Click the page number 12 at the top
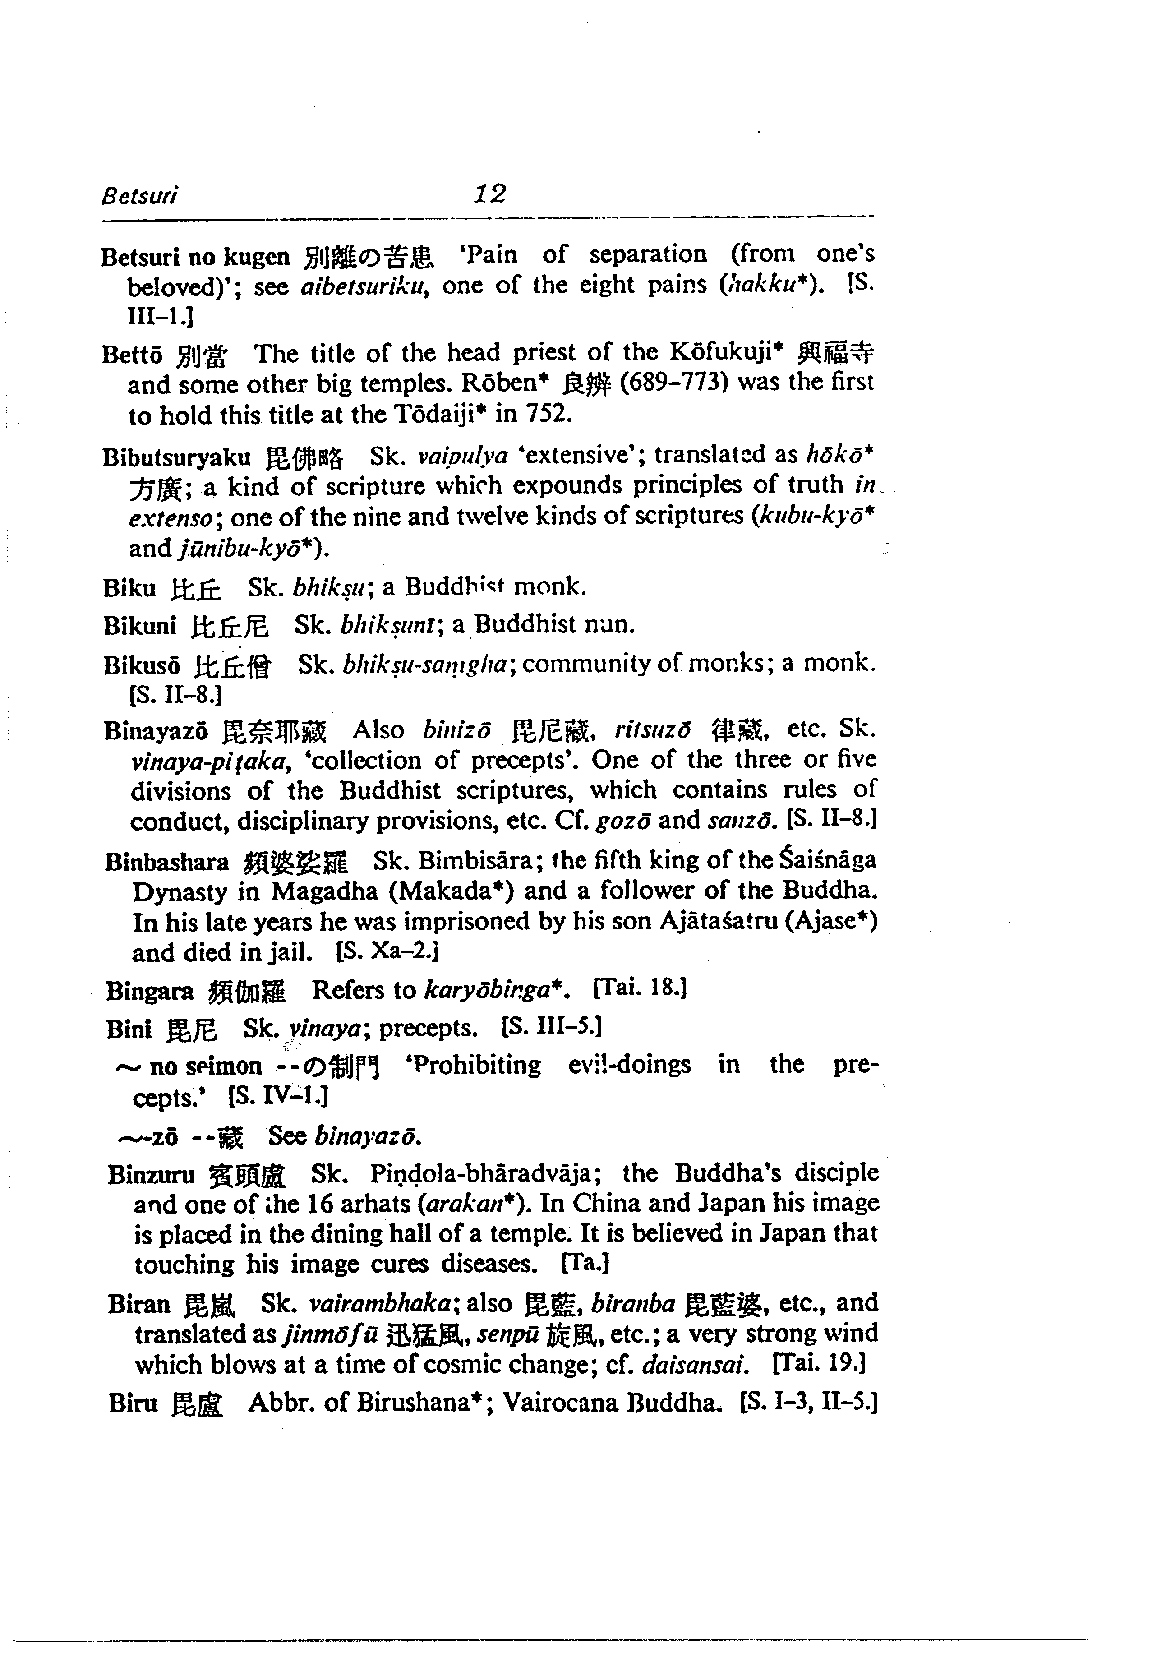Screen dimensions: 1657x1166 click(490, 194)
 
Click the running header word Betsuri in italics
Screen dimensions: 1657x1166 click(139, 196)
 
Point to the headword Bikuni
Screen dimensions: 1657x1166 click(139, 626)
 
